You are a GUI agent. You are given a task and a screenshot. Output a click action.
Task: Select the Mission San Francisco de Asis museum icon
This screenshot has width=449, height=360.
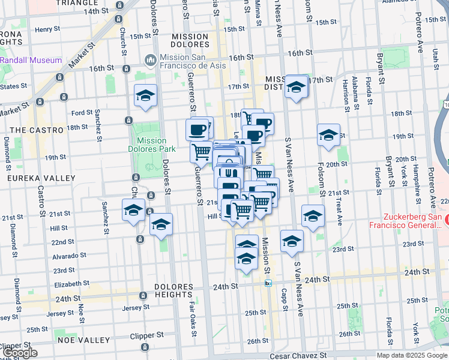point(149,61)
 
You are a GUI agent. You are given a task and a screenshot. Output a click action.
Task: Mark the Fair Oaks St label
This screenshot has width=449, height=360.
point(191,311)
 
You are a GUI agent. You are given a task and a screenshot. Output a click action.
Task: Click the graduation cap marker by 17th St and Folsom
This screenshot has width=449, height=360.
point(297,87)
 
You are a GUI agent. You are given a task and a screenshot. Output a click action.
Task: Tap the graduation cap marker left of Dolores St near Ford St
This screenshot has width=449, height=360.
point(145,96)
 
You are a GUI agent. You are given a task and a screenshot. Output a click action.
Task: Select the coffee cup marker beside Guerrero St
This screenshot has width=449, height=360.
point(197,128)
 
